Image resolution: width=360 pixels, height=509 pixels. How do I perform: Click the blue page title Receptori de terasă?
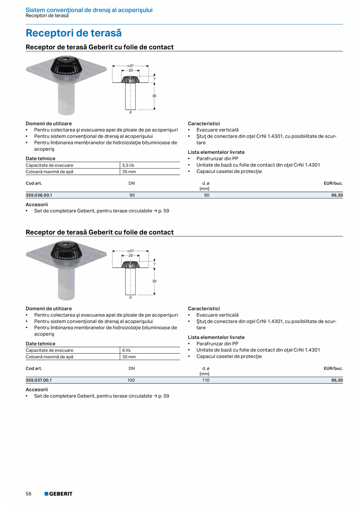(x=74, y=33)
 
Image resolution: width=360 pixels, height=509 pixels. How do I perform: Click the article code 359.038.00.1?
(x=39, y=195)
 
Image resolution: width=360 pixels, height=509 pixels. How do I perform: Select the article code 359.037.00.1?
(x=39, y=380)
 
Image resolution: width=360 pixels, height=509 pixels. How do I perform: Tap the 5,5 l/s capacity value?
(x=128, y=165)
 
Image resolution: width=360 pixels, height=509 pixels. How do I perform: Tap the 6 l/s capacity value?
(x=126, y=351)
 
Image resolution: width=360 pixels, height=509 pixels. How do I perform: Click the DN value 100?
(x=131, y=380)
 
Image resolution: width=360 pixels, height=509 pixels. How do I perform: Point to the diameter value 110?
(x=206, y=380)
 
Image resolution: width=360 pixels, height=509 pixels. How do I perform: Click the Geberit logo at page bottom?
(x=58, y=494)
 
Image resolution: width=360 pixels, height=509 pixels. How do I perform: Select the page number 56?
(x=29, y=494)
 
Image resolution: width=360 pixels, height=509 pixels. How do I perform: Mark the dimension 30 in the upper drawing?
(x=155, y=96)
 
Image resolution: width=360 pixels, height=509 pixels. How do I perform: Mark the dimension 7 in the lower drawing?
(x=155, y=264)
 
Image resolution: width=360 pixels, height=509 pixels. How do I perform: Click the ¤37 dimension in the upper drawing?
(x=131, y=66)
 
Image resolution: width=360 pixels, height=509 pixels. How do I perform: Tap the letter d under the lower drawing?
(x=130, y=297)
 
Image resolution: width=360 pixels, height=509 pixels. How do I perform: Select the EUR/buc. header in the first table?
(x=333, y=183)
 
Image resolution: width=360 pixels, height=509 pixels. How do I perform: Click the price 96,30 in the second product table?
(x=337, y=380)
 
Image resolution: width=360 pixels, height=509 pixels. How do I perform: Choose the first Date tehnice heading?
(x=40, y=158)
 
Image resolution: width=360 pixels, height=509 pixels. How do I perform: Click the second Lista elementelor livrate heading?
(x=216, y=337)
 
